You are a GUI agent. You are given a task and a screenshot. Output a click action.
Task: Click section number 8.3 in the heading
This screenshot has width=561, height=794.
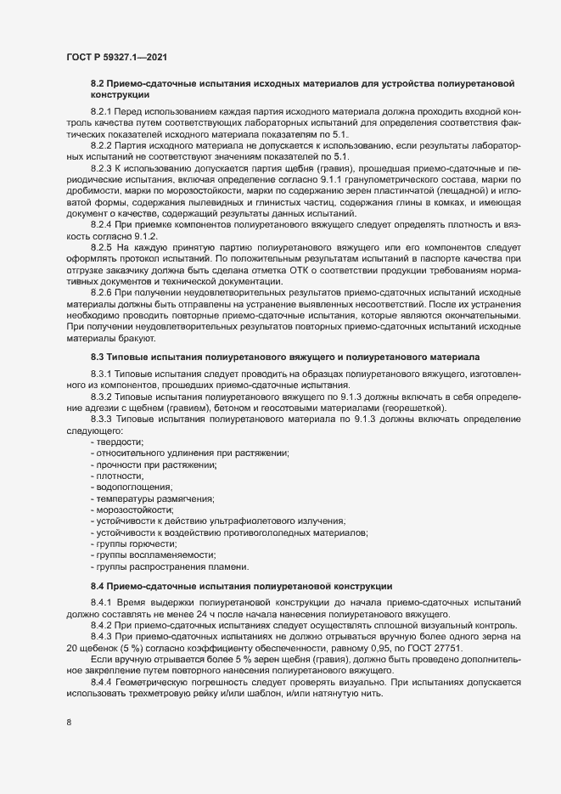pyautogui.click(x=97, y=358)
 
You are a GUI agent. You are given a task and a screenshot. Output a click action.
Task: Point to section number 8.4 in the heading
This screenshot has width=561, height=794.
pyautogui.click(x=97, y=586)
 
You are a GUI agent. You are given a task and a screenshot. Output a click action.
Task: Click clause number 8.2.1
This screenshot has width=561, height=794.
pyautogui.click(x=101, y=112)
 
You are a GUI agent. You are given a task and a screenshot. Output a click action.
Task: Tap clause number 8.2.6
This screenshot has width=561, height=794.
pyautogui.click(x=101, y=293)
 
